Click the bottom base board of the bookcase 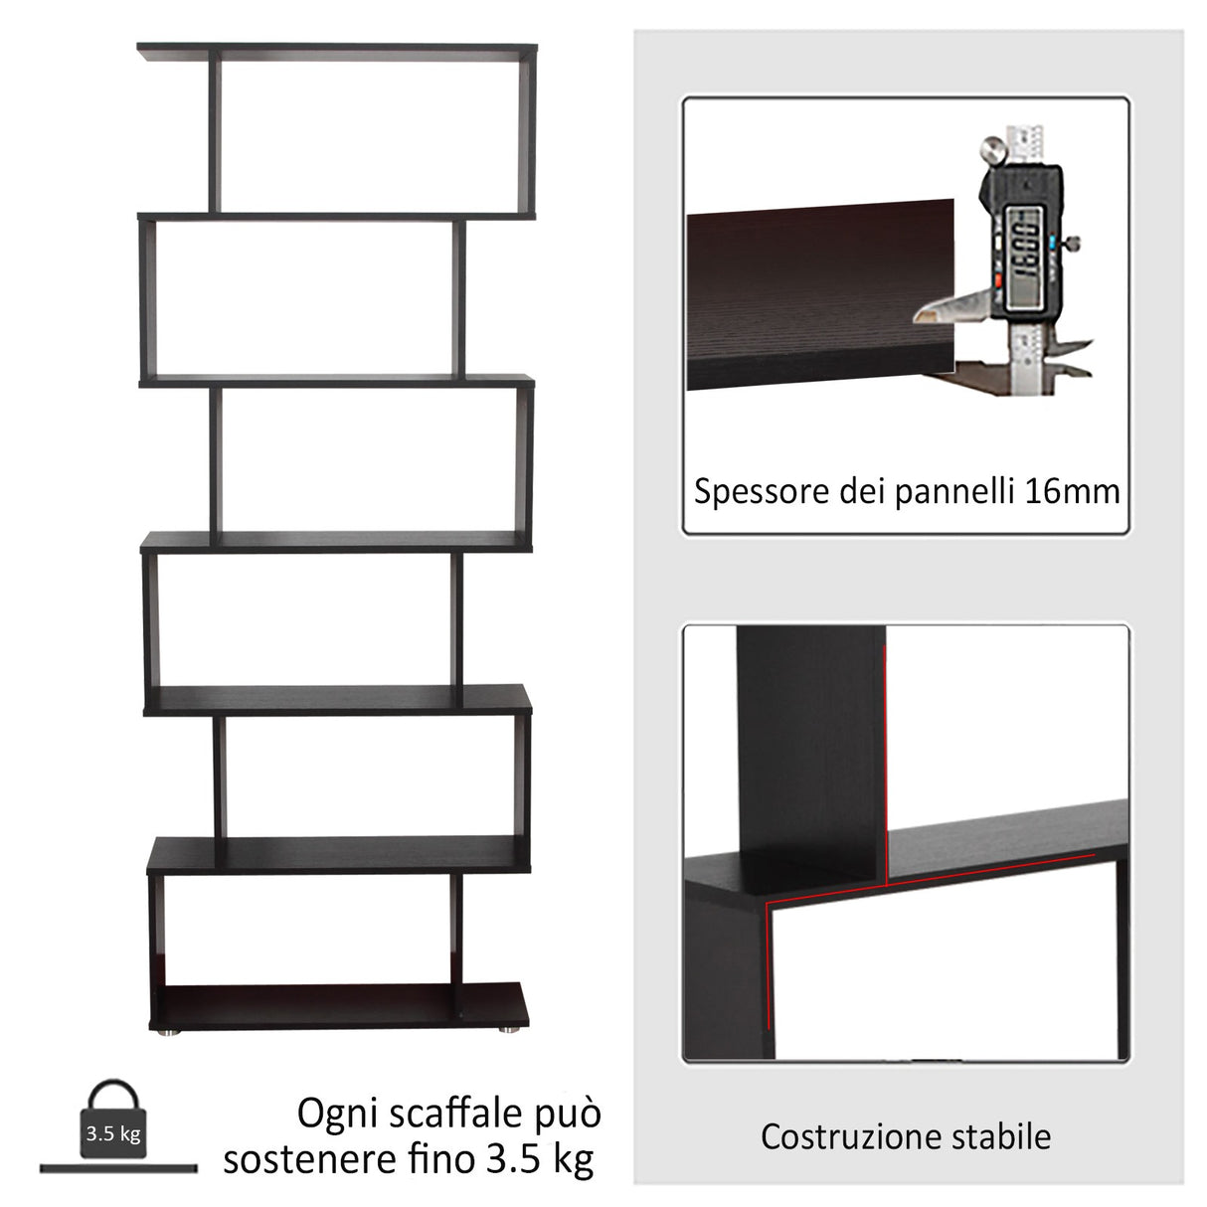coord(338,1006)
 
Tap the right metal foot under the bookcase coord(507,1031)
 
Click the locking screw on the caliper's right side coord(1075,242)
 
